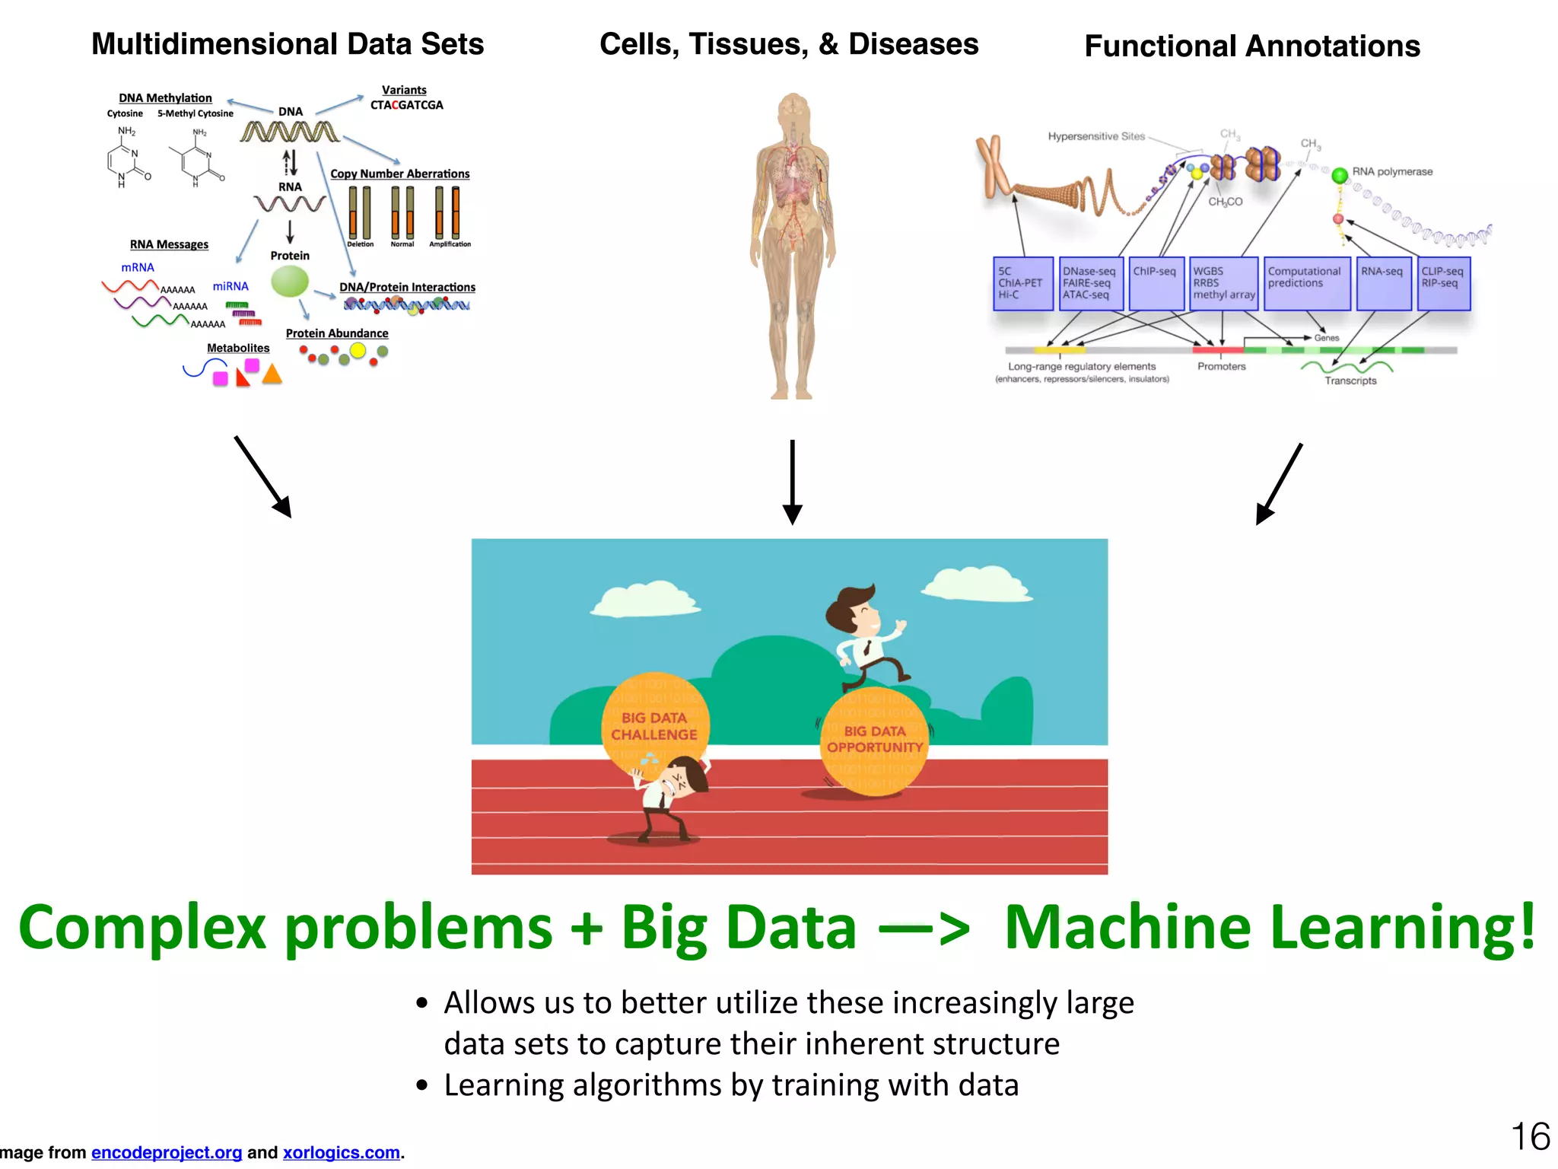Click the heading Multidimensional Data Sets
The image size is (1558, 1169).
point(288,44)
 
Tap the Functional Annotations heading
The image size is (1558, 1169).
point(1251,46)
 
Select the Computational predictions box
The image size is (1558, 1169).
point(1306,283)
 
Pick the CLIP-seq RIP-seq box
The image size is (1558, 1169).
point(1443,283)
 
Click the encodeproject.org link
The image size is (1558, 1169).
point(167,1152)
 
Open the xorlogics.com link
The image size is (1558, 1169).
point(342,1152)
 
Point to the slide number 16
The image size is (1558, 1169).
point(1530,1137)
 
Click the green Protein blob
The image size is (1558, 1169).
point(290,282)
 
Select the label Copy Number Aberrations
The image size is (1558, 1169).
point(399,174)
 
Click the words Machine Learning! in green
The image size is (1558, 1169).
point(1269,927)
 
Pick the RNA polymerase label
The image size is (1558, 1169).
point(1391,172)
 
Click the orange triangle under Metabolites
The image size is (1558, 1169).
point(272,374)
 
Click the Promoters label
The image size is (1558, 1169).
point(1221,366)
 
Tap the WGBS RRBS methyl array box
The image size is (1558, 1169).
point(1223,283)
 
